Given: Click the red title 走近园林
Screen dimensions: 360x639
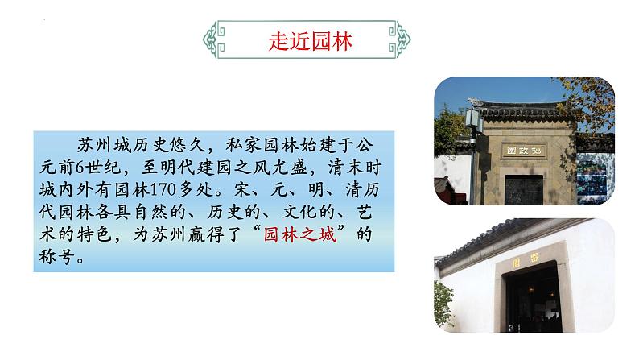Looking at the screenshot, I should (x=310, y=43).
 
